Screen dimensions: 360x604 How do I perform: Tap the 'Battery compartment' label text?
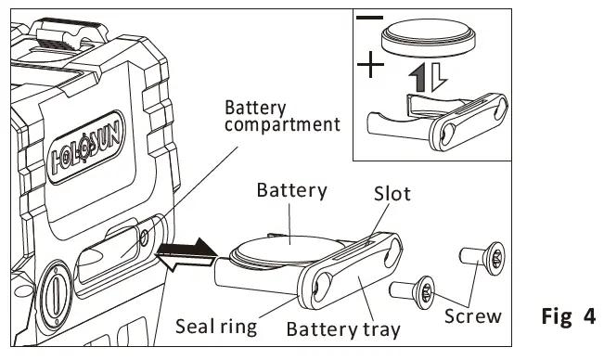[280, 116]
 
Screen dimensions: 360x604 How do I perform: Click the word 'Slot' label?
[392, 195]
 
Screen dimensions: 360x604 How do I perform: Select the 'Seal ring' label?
[215, 327]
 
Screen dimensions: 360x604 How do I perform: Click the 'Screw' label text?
[473, 315]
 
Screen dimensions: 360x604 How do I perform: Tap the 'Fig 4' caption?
[568, 316]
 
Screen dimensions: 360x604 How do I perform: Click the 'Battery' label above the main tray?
[291, 191]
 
